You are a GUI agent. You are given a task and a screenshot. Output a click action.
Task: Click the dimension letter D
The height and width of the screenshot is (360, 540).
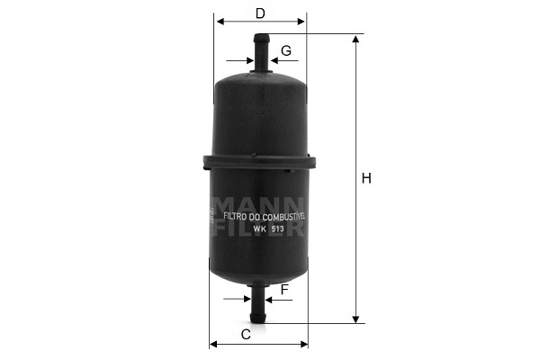(x=260, y=13)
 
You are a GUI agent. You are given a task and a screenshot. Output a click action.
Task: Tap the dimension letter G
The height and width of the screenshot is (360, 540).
(x=285, y=50)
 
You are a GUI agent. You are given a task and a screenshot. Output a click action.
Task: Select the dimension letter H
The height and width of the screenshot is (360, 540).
(x=366, y=178)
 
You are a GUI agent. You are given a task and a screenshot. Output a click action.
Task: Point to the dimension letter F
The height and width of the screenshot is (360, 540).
(x=284, y=289)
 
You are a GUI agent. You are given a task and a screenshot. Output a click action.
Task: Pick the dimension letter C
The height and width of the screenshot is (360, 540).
(x=245, y=335)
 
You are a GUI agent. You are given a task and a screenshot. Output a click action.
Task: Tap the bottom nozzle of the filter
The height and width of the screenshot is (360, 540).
(x=259, y=307)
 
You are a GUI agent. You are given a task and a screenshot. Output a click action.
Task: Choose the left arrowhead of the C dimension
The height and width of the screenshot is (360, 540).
(x=214, y=344)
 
